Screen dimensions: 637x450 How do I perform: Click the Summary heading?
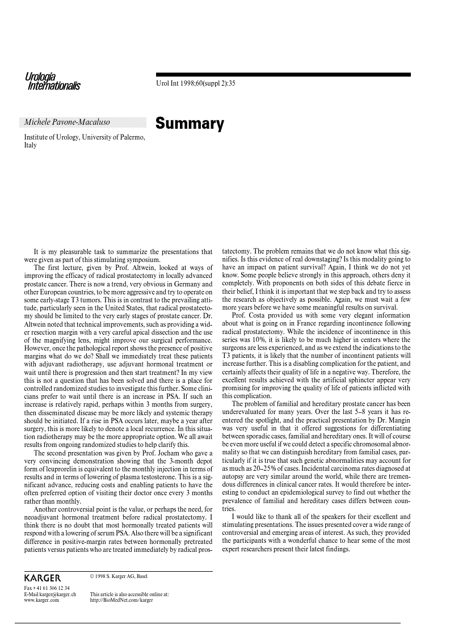tap(190, 124)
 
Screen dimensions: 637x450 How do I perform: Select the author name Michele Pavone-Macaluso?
tap(67, 123)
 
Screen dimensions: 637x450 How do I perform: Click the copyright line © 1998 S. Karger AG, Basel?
tap(119, 576)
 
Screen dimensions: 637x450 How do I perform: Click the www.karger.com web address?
tap(41, 600)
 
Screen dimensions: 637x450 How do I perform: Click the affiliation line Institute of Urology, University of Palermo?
tap(84, 137)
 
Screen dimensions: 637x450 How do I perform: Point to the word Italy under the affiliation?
tap(30, 145)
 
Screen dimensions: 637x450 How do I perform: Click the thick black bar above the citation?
tap(283, 74)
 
